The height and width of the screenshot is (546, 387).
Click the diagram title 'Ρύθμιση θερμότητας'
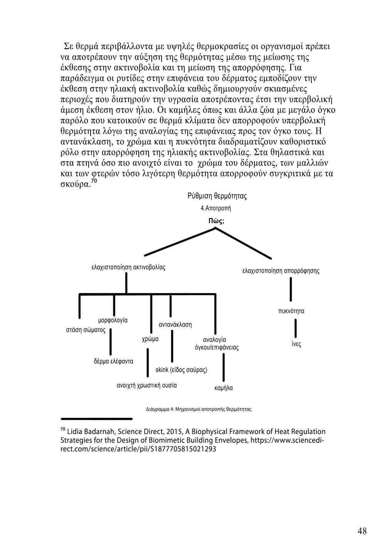click(x=217, y=196)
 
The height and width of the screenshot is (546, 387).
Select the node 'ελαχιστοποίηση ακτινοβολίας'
click(x=128, y=267)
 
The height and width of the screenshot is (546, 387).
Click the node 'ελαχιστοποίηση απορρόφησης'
click(x=281, y=271)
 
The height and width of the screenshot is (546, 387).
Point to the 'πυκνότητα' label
click(x=291, y=311)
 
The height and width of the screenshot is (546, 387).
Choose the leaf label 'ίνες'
click(x=296, y=344)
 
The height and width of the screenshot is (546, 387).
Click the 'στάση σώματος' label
click(x=86, y=330)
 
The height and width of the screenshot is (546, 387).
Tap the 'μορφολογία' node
click(x=113, y=320)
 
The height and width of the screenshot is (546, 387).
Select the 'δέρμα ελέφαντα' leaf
click(x=113, y=361)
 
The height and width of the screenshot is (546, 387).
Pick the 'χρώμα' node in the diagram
click(x=150, y=339)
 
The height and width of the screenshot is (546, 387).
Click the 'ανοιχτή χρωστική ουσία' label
click(x=146, y=385)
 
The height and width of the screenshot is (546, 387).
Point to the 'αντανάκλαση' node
click(x=175, y=325)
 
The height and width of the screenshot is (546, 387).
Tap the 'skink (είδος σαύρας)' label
click(x=181, y=370)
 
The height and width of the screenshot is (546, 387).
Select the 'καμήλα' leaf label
click(x=224, y=388)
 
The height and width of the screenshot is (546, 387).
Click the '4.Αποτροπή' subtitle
click(x=216, y=208)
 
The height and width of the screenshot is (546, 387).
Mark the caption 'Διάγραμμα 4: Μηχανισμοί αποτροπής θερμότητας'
click(x=199, y=409)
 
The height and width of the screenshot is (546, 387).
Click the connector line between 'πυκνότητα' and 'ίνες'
click(x=296, y=328)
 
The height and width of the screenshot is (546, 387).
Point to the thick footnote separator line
click(x=97, y=418)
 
